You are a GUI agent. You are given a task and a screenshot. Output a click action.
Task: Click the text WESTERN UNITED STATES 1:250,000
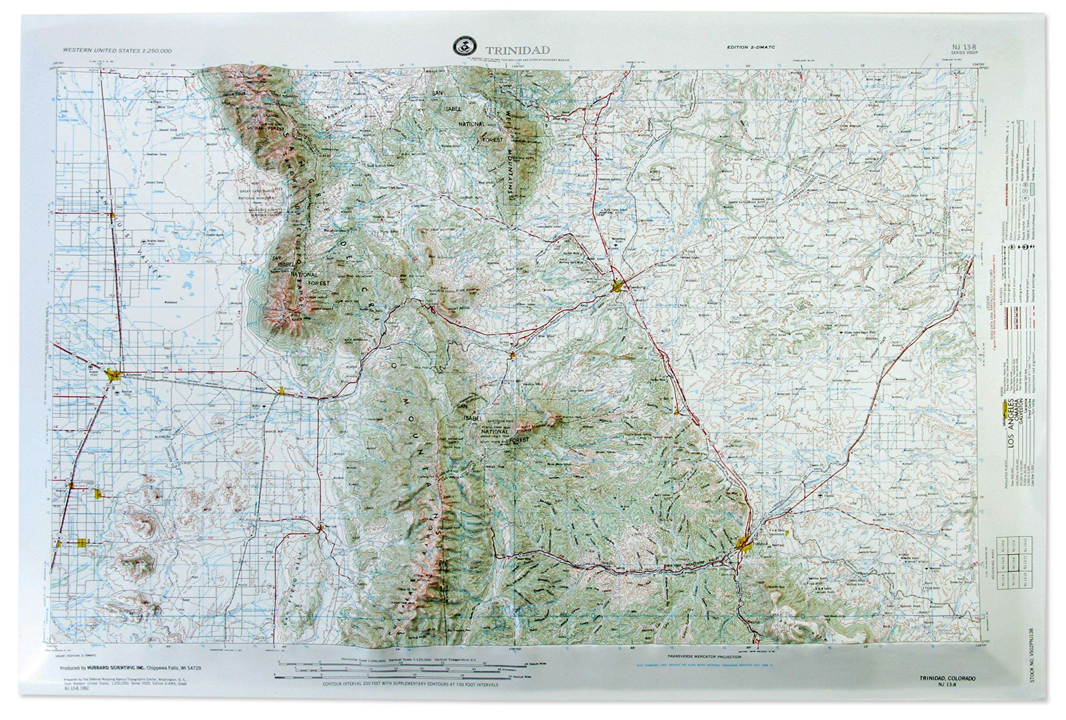pyautogui.click(x=117, y=51)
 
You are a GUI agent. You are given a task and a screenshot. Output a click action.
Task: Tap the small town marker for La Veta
pyautogui.click(x=512, y=354)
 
